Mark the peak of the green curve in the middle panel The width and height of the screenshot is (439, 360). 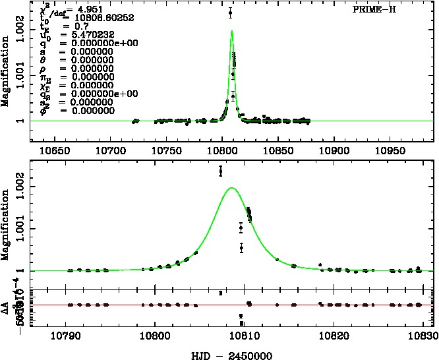[231, 188]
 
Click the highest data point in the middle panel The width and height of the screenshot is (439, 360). [221, 171]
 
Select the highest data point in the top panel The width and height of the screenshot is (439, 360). [230, 13]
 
